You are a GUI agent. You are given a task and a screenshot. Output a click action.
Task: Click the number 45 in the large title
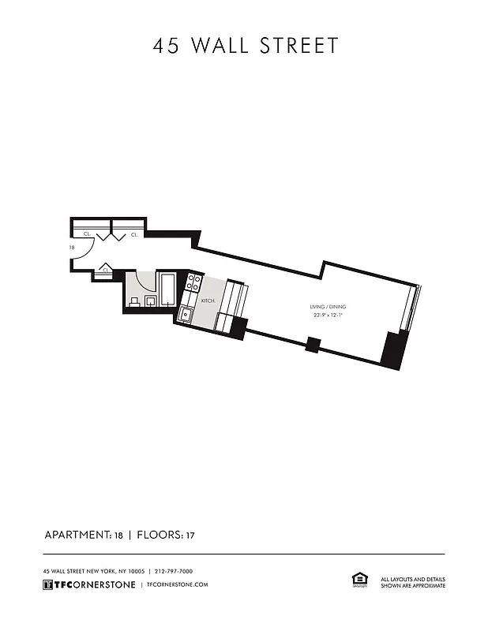pos(167,46)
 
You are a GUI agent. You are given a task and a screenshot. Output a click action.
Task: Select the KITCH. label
pos(208,301)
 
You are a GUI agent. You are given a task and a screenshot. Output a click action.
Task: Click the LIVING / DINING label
pos(328,307)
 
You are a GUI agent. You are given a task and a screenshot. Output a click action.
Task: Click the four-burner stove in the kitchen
pos(193,283)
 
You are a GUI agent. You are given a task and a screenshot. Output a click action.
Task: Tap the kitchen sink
pos(186,315)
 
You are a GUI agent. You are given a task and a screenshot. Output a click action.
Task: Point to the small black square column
pos(313,344)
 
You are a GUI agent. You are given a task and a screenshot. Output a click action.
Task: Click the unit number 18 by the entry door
pos(72,248)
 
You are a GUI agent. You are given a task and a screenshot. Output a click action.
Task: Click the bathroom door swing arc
pos(143,281)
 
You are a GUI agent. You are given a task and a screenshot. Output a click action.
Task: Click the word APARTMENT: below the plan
pos(78,535)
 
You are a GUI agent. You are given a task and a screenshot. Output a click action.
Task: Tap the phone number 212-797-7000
pos(174,571)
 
